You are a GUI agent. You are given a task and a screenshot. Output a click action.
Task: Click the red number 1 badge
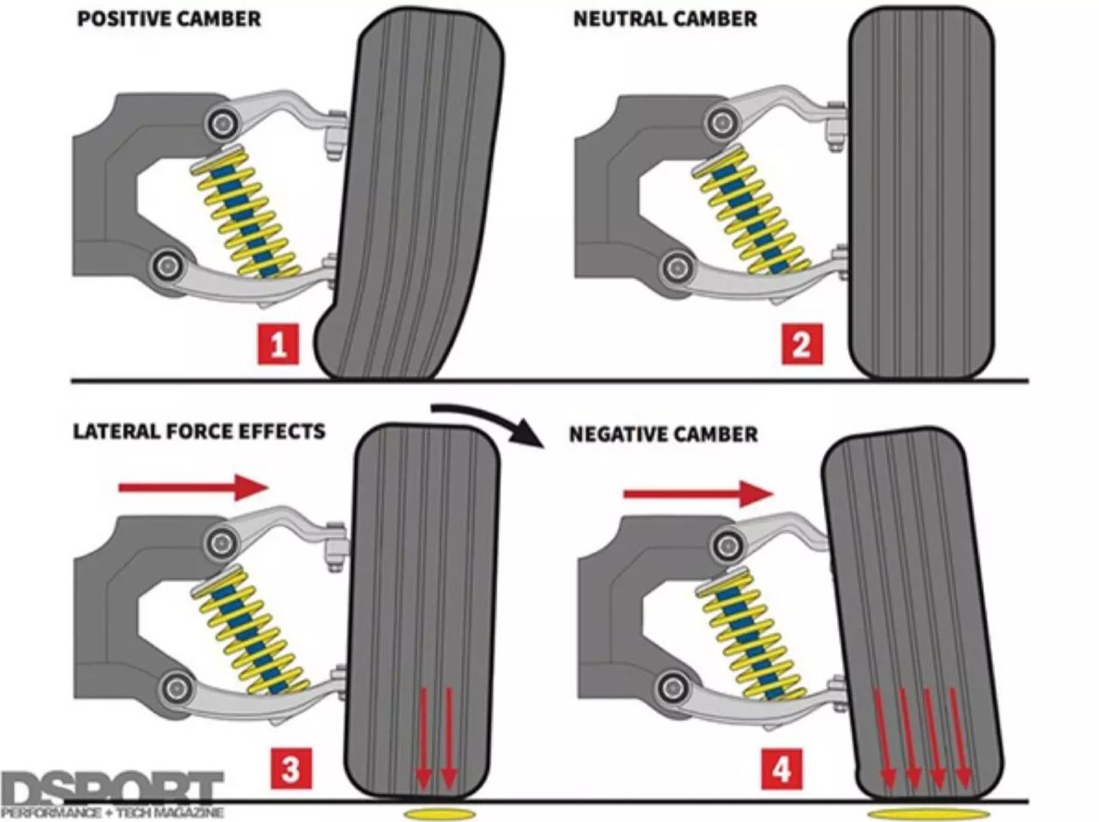coord(278,344)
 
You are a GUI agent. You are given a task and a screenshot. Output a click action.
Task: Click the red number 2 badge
coord(802,344)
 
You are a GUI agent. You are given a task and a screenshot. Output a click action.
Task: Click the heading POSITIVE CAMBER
coord(169,19)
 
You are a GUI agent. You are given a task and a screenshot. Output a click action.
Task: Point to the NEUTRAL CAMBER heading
coord(665,19)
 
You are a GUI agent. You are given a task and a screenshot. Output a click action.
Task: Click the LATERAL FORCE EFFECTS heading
coord(199,432)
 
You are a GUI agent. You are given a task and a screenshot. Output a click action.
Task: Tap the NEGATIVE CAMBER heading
coord(664,434)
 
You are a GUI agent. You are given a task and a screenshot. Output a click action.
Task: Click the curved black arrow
coord(489,416)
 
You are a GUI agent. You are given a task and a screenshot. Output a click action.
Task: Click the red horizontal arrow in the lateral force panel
coord(193,487)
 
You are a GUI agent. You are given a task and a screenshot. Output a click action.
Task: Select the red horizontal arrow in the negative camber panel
coord(698,494)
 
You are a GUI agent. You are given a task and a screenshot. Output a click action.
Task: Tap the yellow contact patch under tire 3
coord(440,814)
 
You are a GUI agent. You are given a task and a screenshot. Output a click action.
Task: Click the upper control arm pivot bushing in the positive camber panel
coord(222,123)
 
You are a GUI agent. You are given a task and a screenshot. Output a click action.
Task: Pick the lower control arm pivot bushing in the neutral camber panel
coord(677,267)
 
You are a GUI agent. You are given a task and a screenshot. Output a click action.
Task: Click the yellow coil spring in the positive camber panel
coord(246,212)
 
